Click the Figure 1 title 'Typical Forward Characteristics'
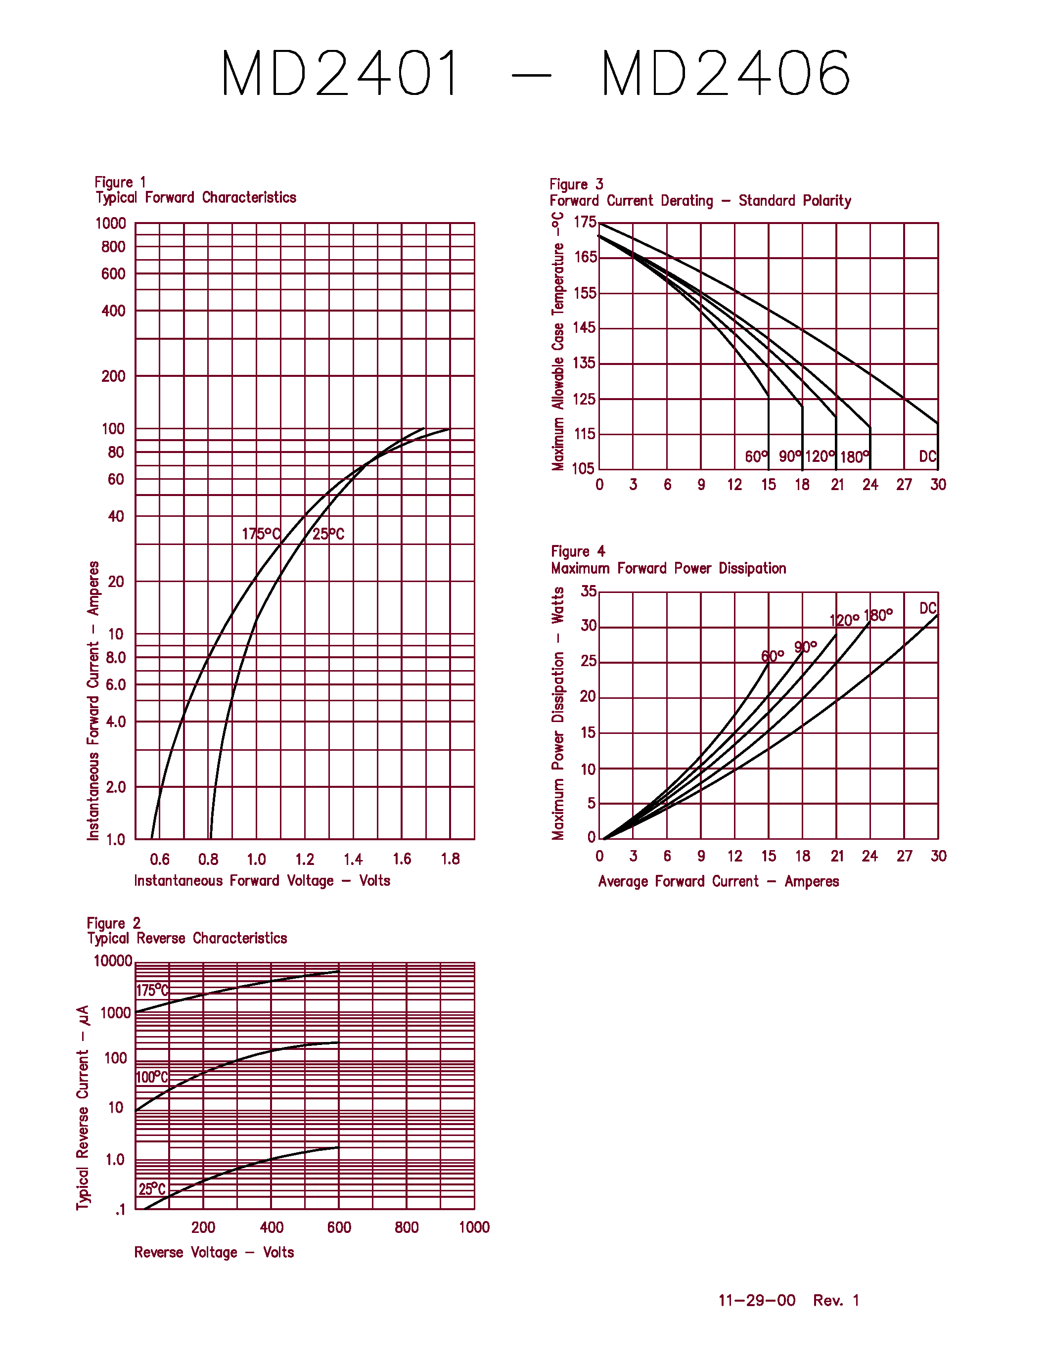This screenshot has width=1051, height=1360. point(196,198)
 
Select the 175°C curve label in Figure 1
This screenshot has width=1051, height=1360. point(261,534)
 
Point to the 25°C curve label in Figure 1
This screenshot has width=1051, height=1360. point(328,534)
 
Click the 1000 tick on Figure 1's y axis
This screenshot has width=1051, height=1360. point(110,224)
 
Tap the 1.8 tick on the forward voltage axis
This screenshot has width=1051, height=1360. point(450,860)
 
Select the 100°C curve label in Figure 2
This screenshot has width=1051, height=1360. point(152,1077)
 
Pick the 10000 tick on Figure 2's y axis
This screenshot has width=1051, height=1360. point(113,961)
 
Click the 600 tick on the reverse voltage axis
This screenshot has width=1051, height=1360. point(339,1227)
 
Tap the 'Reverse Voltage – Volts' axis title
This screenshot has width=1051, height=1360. point(214,1252)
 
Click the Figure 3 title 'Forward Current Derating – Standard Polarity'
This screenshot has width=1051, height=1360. point(700,201)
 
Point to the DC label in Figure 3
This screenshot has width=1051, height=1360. point(927,456)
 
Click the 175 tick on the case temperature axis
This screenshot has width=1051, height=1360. point(585,223)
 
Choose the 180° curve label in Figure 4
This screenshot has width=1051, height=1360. point(878,616)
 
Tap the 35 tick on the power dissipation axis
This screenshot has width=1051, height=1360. point(589,591)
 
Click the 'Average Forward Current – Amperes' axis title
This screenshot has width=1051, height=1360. point(719,882)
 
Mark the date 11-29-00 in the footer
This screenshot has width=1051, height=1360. point(757,1300)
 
